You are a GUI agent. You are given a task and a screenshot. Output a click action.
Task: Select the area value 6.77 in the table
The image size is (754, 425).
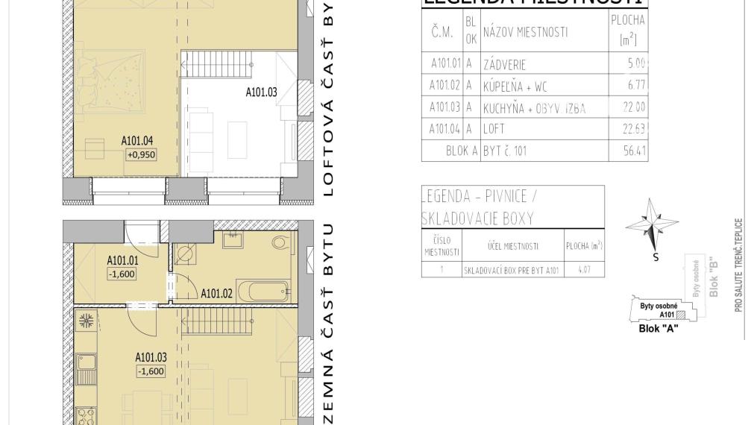(x=636, y=86)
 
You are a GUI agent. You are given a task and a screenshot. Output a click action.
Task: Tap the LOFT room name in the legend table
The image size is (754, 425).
(x=494, y=129)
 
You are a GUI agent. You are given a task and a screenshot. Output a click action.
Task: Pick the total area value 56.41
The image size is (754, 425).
(x=635, y=151)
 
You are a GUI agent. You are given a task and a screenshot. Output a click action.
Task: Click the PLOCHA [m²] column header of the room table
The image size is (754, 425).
(x=627, y=31)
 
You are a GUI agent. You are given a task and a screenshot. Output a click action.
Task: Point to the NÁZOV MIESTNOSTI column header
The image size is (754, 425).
(x=525, y=32)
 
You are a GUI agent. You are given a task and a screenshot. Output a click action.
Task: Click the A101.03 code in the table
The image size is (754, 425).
(x=444, y=107)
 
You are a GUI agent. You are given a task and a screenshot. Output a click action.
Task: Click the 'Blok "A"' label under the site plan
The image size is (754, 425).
(x=659, y=328)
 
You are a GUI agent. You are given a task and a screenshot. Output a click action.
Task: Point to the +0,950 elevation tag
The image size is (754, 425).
(x=140, y=154)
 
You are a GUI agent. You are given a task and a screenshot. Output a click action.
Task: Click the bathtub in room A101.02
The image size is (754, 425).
(x=263, y=290)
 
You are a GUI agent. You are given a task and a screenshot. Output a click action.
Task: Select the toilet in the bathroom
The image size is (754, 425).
(x=281, y=242)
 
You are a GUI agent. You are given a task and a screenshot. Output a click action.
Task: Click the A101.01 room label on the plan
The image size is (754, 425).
(x=122, y=260)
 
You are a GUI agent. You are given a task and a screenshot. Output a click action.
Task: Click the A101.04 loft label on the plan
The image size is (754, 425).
(x=137, y=139)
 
